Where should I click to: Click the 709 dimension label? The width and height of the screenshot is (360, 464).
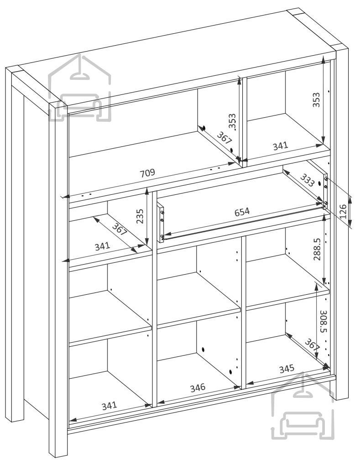(147, 173)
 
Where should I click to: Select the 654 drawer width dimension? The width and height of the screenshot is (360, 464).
(242, 212)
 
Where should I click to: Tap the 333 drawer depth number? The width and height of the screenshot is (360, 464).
(308, 180)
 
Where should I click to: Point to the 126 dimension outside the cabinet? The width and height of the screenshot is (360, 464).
(343, 211)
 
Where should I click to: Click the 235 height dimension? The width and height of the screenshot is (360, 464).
(140, 216)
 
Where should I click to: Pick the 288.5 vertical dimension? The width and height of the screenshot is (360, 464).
(317, 249)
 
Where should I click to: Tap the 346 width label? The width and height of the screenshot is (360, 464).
(198, 387)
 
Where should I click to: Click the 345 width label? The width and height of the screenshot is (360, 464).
(287, 369)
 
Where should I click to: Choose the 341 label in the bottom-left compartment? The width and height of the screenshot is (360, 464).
(109, 406)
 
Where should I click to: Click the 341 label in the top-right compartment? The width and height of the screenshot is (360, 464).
(280, 146)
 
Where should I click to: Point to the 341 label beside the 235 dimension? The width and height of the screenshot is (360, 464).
(102, 246)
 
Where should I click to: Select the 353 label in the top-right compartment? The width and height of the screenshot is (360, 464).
(317, 100)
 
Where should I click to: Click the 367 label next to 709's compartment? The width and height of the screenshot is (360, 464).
(224, 138)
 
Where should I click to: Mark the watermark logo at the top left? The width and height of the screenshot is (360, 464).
(80, 88)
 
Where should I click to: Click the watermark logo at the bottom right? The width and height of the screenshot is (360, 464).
(303, 406)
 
